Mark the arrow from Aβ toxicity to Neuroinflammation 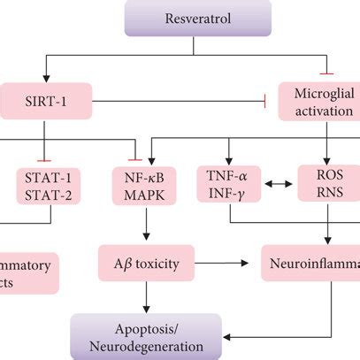click(x=218, y=262)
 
